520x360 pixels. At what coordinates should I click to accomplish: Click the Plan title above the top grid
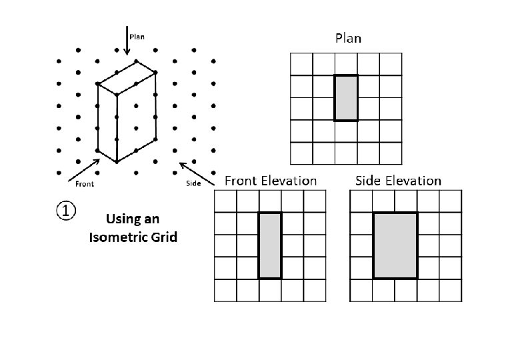tap(347, 38)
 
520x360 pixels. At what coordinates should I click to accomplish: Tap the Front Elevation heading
tap(271, 181)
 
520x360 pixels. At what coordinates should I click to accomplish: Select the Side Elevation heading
tap(398, 181)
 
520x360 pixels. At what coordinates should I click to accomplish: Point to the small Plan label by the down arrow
tap(137, 37)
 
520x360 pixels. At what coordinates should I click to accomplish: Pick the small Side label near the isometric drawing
tap(193, 183)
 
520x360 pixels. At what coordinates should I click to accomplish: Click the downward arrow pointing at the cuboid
tap(127, 40)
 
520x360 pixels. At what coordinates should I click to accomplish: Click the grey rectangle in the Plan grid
tap(346, 98)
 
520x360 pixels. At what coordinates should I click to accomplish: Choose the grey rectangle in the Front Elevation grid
tap(270, 245)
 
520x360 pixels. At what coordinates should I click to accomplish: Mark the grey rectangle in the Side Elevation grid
tap(395, 245)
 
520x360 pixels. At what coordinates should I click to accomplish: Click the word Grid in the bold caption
tap(164, 237)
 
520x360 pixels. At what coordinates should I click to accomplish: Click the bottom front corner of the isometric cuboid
tap(117, 161)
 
